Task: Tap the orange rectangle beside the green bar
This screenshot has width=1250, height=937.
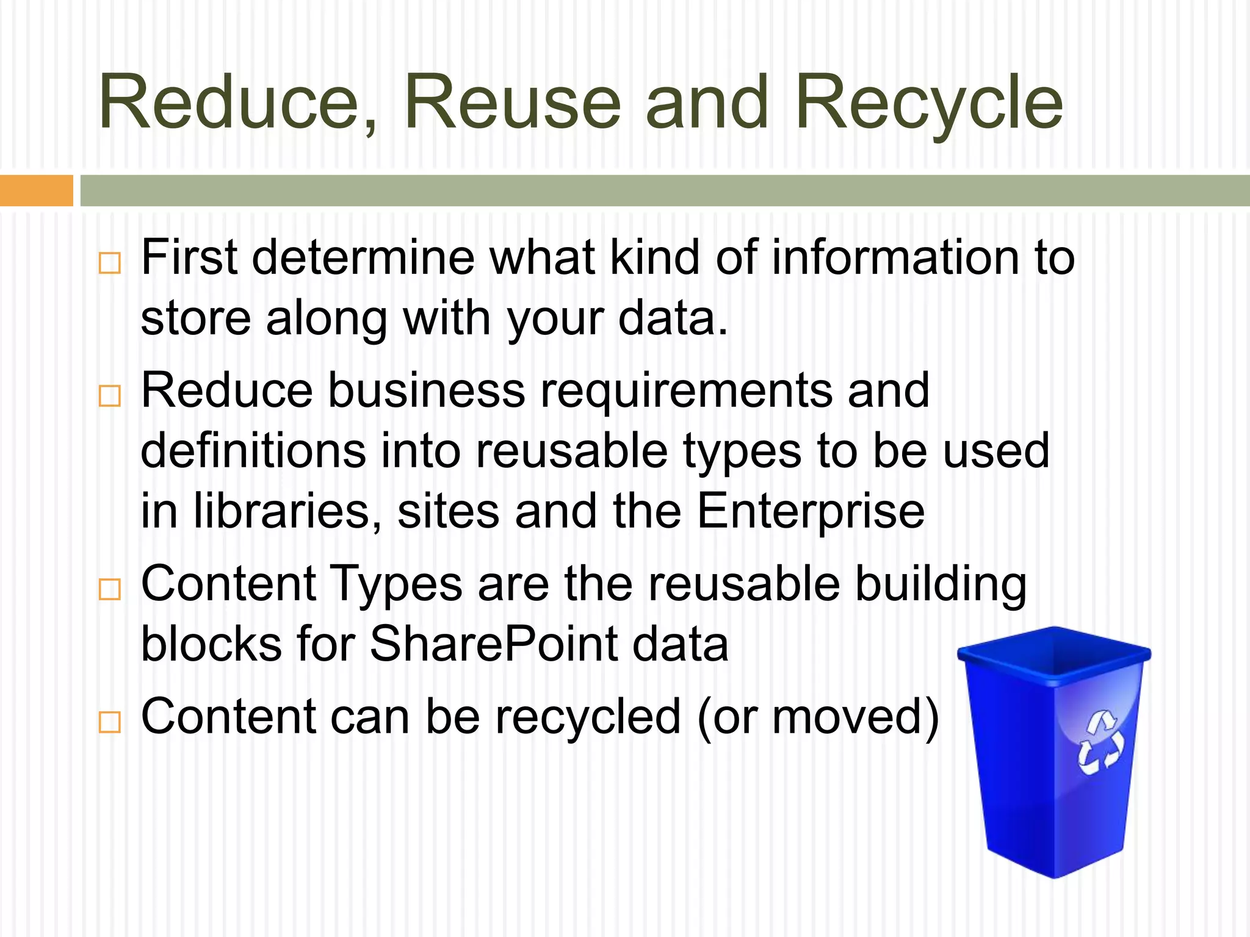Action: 36,190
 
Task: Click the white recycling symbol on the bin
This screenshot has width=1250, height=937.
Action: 1100,742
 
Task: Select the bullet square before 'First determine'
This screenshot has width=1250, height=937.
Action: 110,264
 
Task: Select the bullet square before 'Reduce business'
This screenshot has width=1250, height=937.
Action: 110,396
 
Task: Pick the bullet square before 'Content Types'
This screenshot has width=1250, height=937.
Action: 110,589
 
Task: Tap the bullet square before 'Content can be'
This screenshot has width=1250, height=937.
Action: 110,722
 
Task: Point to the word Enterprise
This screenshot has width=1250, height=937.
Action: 811,511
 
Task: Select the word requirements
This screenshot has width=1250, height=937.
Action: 686,390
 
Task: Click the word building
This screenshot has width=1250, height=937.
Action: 940,584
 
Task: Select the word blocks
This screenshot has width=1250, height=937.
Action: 211,644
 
